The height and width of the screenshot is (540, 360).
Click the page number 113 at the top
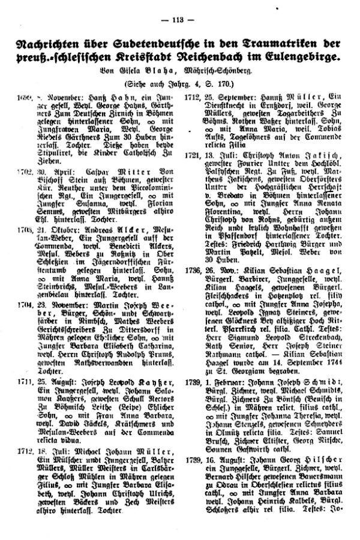click(179, 17)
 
